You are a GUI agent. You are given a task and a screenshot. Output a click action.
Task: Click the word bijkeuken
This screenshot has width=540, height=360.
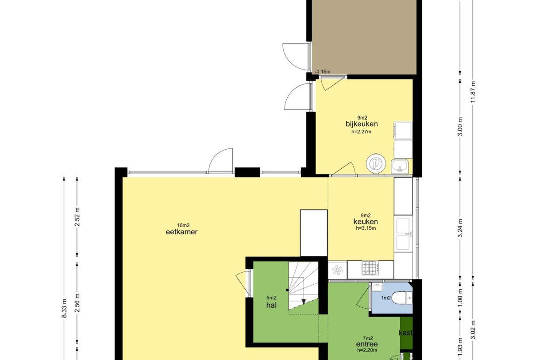coord(362,124)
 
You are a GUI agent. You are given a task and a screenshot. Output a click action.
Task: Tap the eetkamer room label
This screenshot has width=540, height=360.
coord(181,232)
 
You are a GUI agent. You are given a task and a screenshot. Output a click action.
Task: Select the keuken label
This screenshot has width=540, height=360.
coord(366,221)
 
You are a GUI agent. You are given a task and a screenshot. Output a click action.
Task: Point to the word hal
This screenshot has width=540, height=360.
coord(271,305)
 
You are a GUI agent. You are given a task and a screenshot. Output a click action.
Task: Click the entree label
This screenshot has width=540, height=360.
coord(367,344)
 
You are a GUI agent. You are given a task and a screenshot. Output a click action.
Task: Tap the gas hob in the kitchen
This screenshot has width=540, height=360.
coord(370,268)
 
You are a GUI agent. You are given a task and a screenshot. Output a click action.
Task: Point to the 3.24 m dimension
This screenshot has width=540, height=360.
coord(460,228)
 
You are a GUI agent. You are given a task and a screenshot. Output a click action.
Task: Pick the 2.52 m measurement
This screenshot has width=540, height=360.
coord(77,217)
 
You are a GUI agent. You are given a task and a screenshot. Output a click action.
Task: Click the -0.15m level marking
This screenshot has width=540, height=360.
coord(323,72)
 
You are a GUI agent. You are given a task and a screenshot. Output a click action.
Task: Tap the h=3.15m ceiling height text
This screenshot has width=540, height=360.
coord(366,228)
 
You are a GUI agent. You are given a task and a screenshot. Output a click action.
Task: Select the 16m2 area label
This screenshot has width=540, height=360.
coord(183,225)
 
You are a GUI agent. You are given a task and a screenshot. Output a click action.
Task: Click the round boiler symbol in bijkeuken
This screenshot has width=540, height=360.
coord(376,163)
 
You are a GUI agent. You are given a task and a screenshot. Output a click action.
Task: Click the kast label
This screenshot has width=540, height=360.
coord(406,333)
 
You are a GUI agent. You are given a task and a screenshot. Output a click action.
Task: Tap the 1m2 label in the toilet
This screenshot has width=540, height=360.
coord(386,298)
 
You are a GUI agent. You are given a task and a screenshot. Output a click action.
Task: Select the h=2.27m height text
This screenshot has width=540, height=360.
coord(361,132)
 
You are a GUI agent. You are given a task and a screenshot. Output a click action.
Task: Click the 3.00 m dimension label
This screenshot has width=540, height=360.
coord(460,127)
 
